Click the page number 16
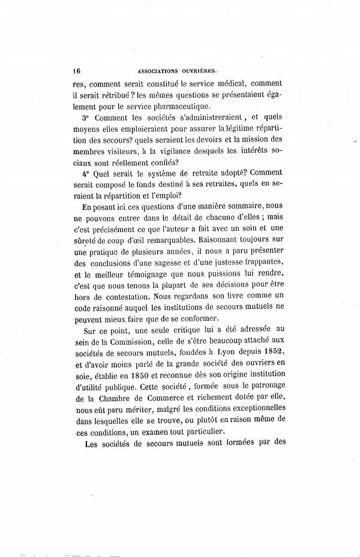[75, 68]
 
